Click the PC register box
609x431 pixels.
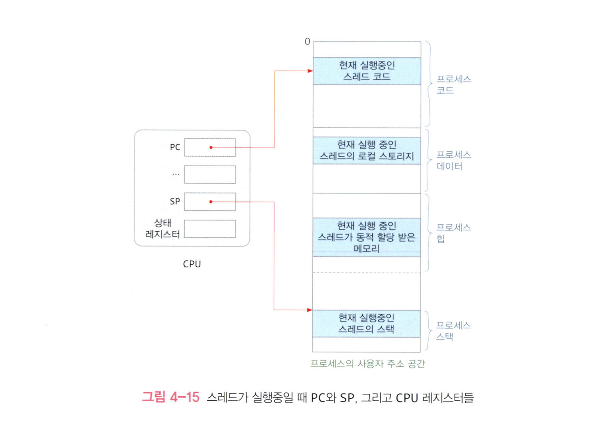point(210,148)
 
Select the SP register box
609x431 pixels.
point(210,202)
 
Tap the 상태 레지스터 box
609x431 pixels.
point(210,229)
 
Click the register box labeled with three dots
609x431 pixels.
point(210,174)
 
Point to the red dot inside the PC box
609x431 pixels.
point(211,148)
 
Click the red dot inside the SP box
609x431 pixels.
point(211,202)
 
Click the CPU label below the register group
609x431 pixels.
point(192,264)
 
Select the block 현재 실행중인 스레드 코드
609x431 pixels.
point(367,71)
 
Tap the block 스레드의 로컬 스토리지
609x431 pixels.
point(367,150)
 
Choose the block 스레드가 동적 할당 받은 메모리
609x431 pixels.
point(367,237)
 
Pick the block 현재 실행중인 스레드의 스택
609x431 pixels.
point(366,323)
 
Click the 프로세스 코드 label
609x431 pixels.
point(453,85)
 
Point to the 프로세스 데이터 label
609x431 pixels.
point(453,160)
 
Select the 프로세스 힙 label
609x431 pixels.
point(453,233)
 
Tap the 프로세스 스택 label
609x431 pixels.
point(453,331)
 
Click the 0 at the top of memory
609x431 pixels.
point(307,41)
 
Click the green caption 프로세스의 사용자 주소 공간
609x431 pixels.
point(367,364)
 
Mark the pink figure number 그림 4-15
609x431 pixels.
point(170,397)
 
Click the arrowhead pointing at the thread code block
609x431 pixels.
point(310,71)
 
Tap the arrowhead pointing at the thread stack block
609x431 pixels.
point(309,310)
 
